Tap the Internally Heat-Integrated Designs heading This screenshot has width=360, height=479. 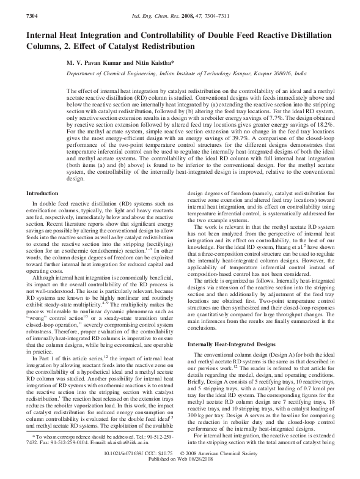(232, 346)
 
